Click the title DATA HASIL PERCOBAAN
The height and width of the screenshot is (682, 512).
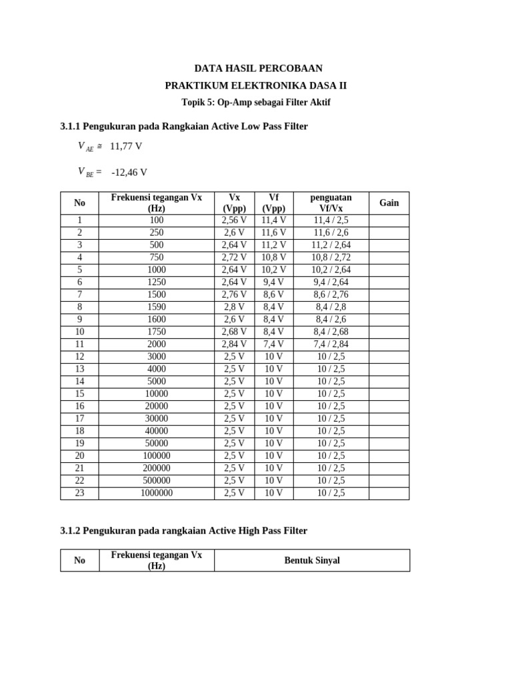point(258,69)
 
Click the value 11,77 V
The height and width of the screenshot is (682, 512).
point(126,146)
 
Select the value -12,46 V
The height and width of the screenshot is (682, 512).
point(129,172)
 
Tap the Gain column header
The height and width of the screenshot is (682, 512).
point(389,202)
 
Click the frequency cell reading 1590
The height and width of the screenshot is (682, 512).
point(157,307)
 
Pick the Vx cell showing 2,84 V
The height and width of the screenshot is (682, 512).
point(234,344)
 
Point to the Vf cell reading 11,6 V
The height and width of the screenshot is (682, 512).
point(273,232)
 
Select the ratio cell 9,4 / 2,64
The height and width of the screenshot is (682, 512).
point(331,282)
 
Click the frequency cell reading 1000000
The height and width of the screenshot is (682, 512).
point(157,494)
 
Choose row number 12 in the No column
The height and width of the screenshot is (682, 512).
point(80,356)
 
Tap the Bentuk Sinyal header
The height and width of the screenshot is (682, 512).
point(312,560)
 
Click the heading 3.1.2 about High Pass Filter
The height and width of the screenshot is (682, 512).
point(184,531)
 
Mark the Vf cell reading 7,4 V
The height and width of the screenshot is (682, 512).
point(273,344)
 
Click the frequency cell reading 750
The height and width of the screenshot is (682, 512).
point(157,257)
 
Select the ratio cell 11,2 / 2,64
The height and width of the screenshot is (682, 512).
point(331,244)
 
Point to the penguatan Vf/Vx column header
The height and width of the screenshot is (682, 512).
point(331,202)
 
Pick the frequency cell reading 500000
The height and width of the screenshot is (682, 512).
point(157,481)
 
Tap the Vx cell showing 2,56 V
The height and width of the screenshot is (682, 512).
point(234,220)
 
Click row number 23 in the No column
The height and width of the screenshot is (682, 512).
point(80,494)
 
